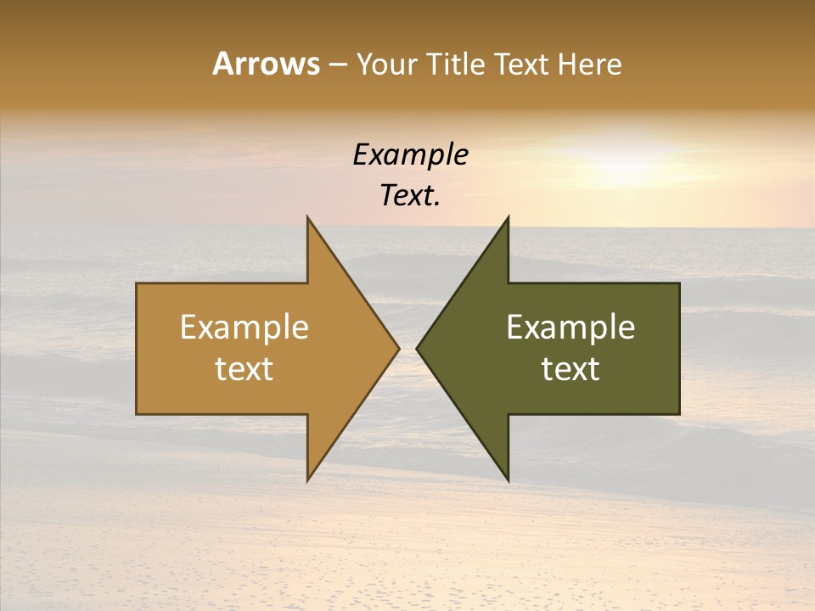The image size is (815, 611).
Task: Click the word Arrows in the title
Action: pyautogui.click(x=266, y=64)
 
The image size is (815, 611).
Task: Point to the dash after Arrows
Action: pyautogui.click(x=338, y=64)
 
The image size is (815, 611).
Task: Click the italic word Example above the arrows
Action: pyautogui.click(x=411, y=154)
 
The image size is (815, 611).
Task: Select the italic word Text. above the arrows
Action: pyautogui.click(x=411, y=195)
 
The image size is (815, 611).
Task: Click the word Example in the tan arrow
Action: pyautogui.click(x=244, y=327)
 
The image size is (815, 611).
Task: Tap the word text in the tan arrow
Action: pyautogui.click(x=244, y=369)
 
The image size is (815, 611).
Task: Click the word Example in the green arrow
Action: pyautogui.click(x=570, y=327)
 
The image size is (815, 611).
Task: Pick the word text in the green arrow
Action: pyautogui.click(x=570, y=369)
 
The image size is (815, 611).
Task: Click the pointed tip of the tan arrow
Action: pyautogui.click(x=398, y=348)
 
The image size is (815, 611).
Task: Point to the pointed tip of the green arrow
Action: pyautogui.click(x=417, y=348)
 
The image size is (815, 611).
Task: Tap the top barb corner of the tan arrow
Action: pyautogui.click(x=308, y=218)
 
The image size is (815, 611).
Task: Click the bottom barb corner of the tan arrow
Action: pyautogui.click(x=308, y=479)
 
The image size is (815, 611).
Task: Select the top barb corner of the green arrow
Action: pyautogui.click(x=508, y=218)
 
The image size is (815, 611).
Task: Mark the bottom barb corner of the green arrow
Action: pyautogui.click(x=508, y=479)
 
